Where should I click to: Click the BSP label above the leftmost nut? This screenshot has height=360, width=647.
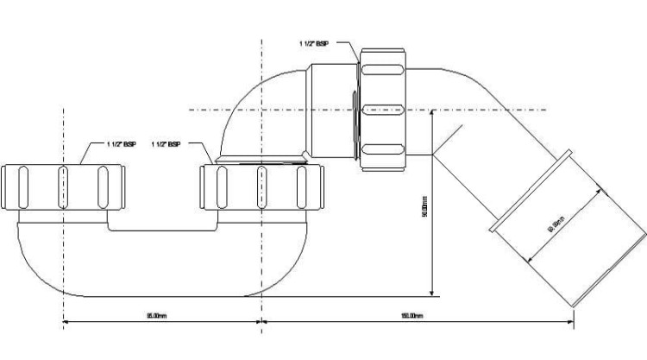[121, 143]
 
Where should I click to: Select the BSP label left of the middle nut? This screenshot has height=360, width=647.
[166, 143]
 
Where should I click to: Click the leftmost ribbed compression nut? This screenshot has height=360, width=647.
[60, 186]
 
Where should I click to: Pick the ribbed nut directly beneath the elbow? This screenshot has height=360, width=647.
[260, 186]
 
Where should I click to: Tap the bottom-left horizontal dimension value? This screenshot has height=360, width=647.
[160, 317]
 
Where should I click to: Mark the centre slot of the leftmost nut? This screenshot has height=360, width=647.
[60, 186]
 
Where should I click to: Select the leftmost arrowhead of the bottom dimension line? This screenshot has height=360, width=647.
[65, 324]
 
